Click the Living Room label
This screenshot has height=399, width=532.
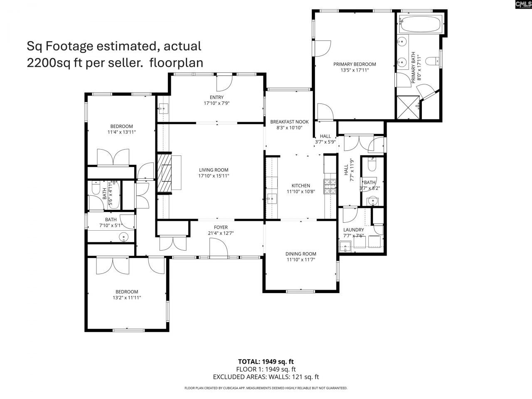point(214,170)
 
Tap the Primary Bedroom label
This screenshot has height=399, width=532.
point(355,64)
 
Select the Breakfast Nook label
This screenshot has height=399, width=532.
point(289,122)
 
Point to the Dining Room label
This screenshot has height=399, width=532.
point(300,254)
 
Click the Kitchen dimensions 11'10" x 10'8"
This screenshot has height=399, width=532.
point(300,192)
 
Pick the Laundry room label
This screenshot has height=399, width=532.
point(353,230)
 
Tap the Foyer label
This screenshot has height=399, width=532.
point(221,227)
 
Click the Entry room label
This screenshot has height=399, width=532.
point(217,97)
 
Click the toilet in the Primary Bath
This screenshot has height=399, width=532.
point(435,61)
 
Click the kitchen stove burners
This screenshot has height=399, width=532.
point(330,187)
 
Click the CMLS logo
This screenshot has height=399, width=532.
point(523,5)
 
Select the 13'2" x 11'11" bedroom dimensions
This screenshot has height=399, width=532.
point(127,298)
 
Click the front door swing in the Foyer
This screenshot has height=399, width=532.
point(219,250)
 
